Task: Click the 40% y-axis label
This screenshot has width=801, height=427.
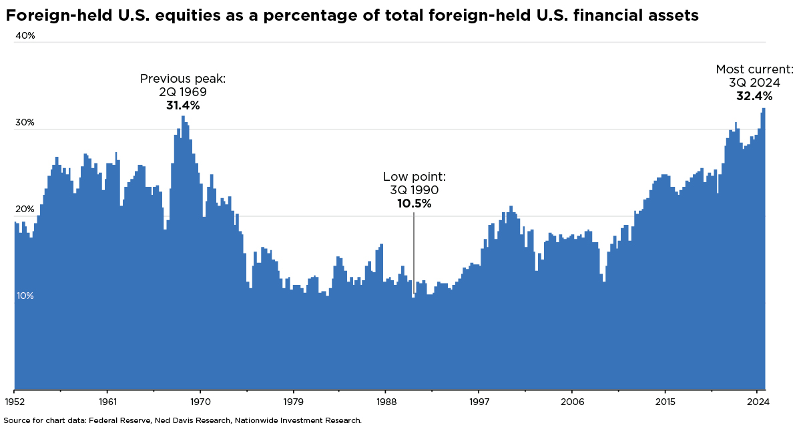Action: (25, 36)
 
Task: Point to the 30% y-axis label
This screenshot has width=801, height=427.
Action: (25, 123)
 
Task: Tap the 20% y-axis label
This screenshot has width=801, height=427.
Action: (25, 209)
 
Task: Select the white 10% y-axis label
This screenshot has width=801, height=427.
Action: (25, 296)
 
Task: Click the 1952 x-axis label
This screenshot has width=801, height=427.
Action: (15, 402)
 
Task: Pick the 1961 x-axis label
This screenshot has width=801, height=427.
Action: (107, 402)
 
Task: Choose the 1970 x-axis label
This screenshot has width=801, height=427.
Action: (200, 402)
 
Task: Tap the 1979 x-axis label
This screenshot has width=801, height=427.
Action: (293, 402)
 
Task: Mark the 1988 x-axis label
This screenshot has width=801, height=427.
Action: (386, 402)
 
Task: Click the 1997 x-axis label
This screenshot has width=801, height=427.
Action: (479, 402)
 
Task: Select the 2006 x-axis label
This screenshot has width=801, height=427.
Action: (572, 402)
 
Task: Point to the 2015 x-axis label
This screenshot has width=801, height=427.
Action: (665, 402)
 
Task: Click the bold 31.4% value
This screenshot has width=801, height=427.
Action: (183, 105)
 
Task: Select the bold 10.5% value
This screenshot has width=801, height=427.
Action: (414, 203)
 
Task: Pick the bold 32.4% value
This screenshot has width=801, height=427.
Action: (754, 96)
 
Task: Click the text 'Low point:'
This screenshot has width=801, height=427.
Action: (414, 177)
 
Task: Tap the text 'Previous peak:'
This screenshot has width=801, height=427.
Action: (183, 79)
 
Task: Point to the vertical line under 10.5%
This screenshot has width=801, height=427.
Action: (414, 254)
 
